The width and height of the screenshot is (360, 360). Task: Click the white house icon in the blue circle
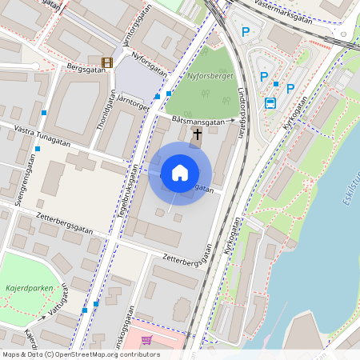tap(180, 173)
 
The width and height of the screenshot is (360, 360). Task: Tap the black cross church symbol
tap(197, 134)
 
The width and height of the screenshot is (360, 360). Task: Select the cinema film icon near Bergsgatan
tap(107, 62)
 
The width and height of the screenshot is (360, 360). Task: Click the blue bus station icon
tap(270, 102)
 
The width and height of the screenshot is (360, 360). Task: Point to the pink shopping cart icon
tap(146, 340)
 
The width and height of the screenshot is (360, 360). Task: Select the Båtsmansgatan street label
tap(197, 121)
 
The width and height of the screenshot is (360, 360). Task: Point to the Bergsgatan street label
tap(86, 68)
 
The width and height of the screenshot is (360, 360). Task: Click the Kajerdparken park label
tap(27, 285)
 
